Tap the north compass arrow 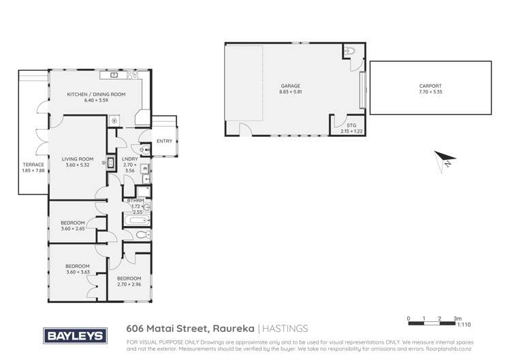445,160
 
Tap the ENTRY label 165,141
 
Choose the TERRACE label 33,165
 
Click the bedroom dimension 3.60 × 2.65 72,229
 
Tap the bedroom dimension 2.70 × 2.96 128,284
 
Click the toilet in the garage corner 349,50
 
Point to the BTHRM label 135,201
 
